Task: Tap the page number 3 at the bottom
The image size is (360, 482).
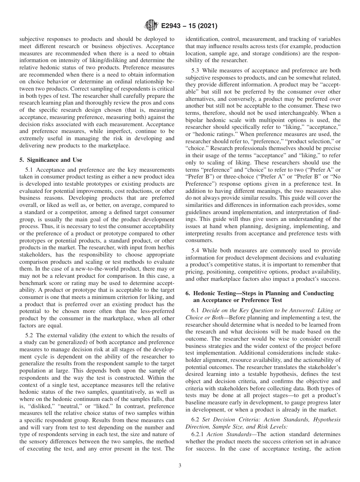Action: (180, 466)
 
